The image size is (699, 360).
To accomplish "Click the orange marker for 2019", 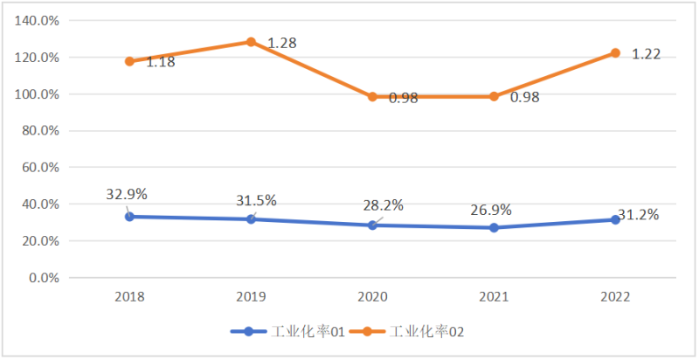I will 251,42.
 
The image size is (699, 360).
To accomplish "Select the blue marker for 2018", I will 129,217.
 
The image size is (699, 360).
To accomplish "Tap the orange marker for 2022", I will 615,53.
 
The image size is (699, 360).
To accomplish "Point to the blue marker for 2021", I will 494,228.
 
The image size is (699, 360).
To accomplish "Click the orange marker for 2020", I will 372,97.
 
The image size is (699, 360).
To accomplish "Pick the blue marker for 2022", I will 615,220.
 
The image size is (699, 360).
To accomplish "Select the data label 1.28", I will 283,43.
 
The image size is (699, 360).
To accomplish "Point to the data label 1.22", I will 646,54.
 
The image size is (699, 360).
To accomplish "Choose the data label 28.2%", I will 383,205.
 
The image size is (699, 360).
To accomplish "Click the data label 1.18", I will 161,62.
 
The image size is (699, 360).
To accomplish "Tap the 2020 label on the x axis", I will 372,296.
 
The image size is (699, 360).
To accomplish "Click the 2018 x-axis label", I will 129,296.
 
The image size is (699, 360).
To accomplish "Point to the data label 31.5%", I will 255,201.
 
